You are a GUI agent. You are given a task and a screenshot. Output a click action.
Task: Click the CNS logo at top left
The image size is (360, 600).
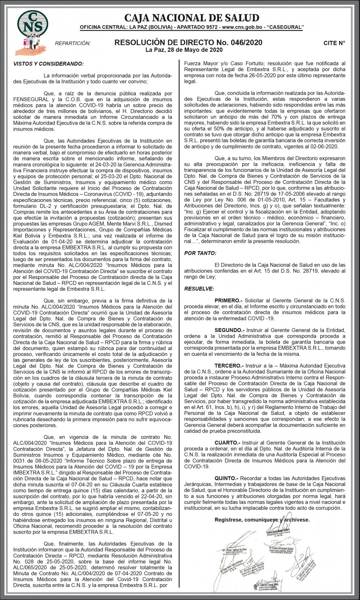(33, 24)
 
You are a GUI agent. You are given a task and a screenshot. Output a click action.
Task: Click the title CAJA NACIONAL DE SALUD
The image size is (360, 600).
(192, 18)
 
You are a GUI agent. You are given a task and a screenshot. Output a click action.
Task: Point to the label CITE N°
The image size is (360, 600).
(334, 43)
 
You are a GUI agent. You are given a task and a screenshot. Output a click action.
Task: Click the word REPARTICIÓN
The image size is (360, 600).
(73, 44)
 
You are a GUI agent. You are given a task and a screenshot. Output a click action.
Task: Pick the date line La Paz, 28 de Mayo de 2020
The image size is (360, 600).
(184, 50)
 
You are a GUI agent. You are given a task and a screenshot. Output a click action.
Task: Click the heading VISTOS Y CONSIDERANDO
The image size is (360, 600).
(48, 64)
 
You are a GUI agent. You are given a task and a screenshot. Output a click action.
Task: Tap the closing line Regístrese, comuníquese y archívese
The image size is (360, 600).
(262, 520)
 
